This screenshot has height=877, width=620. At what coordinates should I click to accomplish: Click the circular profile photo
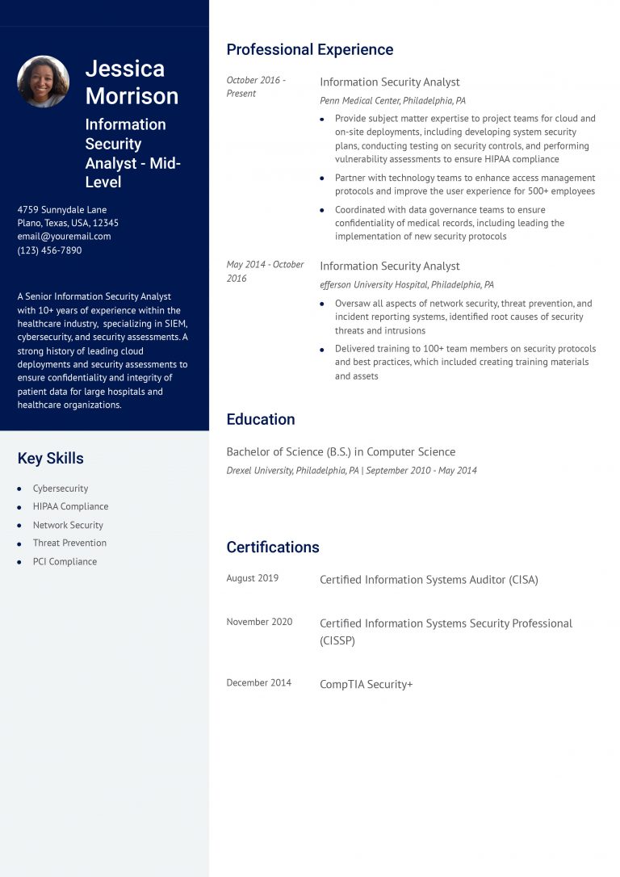point(43,82)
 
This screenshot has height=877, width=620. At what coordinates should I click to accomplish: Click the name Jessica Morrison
point(132,82)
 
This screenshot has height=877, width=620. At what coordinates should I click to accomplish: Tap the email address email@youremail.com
point(64,237)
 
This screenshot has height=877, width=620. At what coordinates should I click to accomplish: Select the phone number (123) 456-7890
point(49,250)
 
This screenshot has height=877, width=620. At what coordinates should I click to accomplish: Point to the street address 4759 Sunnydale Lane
point(62,210)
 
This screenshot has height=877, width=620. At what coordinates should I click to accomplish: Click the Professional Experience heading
point(309,50)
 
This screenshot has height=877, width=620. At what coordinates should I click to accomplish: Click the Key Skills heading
point(50,459)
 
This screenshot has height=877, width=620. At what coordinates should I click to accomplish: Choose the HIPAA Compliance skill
point(70,506)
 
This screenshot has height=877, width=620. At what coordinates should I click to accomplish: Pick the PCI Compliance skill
point(65,561)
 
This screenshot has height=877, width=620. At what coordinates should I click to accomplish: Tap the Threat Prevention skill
point(69,543)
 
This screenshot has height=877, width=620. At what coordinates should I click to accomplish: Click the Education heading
point(260,419)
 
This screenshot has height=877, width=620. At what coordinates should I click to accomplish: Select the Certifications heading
point(272,548)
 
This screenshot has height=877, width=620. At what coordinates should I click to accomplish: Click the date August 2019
point(252,578)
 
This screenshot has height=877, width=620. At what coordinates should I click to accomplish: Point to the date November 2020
point(259,622)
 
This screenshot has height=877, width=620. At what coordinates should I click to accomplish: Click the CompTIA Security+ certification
point(366,684)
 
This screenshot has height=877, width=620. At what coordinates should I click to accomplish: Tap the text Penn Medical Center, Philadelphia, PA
point(392,101)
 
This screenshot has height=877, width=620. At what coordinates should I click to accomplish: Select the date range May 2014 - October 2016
point(265,271)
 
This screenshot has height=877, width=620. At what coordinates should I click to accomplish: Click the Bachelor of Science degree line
point(341,452)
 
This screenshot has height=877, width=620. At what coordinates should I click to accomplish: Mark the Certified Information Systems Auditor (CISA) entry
point(429,580)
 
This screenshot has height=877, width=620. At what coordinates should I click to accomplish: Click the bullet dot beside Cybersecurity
point(19,489)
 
